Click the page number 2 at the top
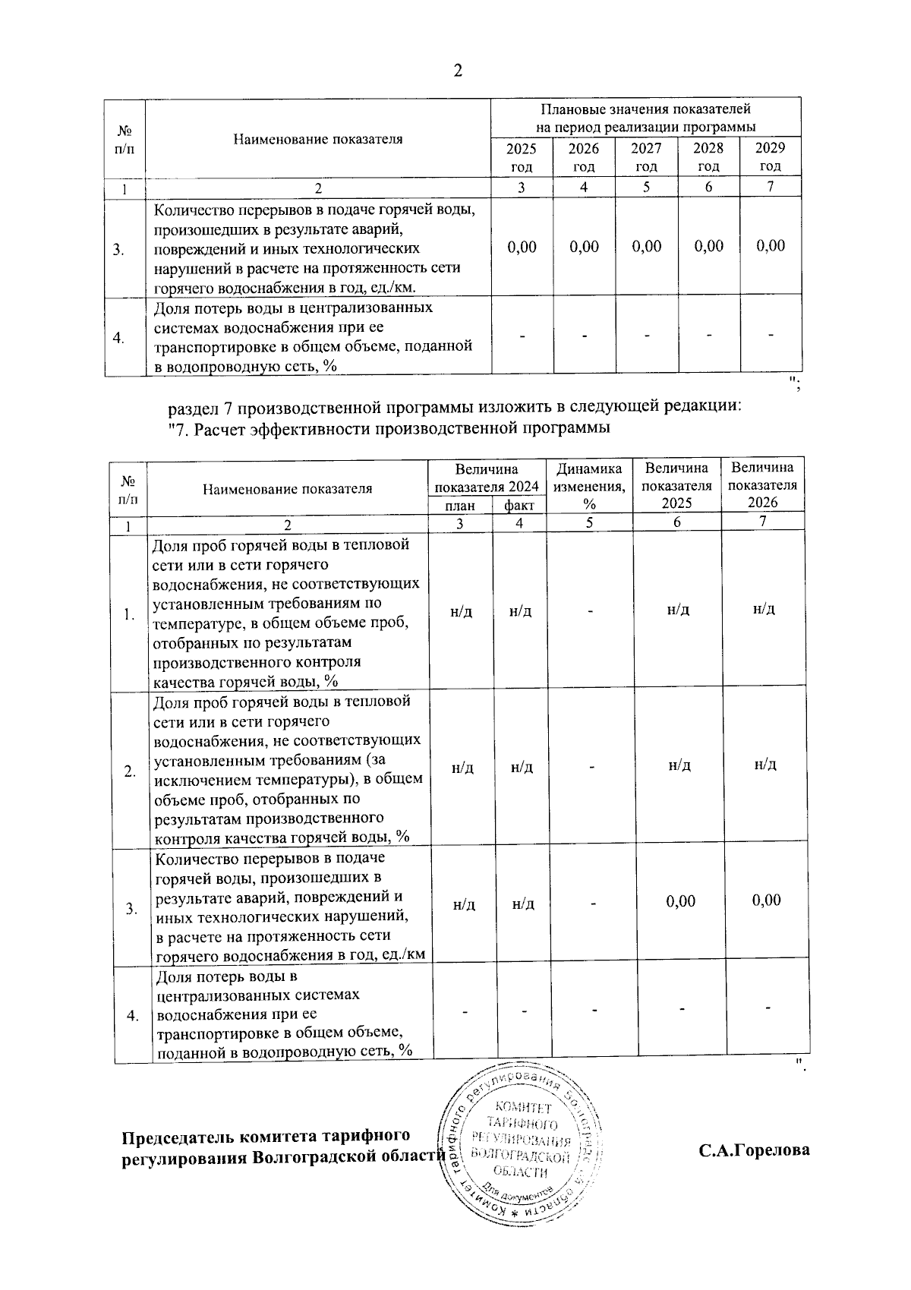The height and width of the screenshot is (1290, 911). pyautogui.click(x=457, y=71)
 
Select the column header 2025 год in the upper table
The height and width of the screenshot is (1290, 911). pyautogui.click(x=521, y=157)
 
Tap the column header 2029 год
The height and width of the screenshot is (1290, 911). pyautogui.click(x=770, y=156)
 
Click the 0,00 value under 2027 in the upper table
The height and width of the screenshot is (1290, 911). pyautogui.click(x=646, y=246)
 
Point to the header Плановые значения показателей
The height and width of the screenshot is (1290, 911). pyautogui.click(x=645, y=117)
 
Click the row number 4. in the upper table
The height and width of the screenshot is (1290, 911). pyautogui.click(x=119, y=338)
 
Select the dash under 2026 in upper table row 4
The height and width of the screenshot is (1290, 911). pyautogui.click(x=583, y=336)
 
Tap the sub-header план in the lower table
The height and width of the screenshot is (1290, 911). pyautogui.click(x=460, y=506)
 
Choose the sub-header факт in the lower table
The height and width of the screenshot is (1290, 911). pyautogui.click(x=519, y=506)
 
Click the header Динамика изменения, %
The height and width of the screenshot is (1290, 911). pyautogui.click(x=589, y=486)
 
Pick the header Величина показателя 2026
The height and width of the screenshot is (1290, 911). pyautogui.click(x=762, y=485)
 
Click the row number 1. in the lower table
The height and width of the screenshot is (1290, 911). pyautogui.click(x=130, y=615)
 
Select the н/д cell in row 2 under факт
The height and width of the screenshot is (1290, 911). pyautogui.click(x=521, y=768)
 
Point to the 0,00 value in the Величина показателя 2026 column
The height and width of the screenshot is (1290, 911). pyautogui.click(x=766, y=900)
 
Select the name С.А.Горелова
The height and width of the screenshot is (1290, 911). pyautogui.click(x=754, y=1150)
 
